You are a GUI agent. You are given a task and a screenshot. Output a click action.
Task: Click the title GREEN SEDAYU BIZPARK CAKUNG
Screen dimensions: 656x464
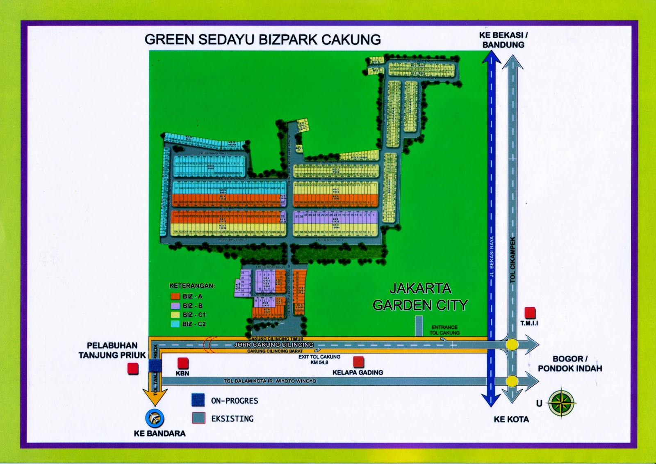[x=263, y=39]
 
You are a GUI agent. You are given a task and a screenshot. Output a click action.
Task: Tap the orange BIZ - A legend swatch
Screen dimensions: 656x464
[x=175, y=296]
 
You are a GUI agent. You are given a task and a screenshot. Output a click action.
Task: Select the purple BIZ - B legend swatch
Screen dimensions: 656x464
[x=175, y=306]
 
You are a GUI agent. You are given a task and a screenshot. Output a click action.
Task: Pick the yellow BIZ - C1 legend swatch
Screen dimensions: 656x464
[x=175, y=315]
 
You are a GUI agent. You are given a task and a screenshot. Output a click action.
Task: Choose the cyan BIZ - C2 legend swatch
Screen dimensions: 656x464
[x=175, y=324]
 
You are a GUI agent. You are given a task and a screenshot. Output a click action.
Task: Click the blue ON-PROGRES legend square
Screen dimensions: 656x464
[x=198, y=400]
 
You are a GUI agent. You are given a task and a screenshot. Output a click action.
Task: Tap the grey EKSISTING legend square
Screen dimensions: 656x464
[x=198, y=418]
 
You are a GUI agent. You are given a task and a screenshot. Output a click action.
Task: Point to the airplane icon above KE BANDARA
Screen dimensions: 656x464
[x=155, y=418]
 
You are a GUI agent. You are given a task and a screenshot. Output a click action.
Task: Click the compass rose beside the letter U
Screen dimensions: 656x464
[x=562, y=403]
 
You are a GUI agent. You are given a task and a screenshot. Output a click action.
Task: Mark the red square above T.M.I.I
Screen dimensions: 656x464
[x=530, y=313]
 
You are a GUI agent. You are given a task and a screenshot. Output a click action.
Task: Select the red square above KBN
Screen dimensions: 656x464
[x=183, y=363]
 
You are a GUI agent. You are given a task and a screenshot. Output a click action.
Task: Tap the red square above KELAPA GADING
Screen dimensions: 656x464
[x=358, y=362]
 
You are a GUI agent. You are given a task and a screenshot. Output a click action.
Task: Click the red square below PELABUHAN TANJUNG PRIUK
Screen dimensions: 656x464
[x=133, y=368]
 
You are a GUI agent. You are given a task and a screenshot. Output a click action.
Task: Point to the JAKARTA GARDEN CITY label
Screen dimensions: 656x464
[x=420, y=297]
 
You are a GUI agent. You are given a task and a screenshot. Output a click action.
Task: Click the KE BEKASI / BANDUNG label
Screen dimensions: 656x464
[x=503, y=40]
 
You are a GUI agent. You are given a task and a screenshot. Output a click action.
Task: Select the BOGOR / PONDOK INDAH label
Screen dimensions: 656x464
[x=570, y=363]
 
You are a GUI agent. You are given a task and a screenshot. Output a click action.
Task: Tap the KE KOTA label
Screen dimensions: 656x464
[x=511, y=419]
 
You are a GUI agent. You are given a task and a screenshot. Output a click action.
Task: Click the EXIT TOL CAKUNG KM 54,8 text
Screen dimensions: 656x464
[x=319, y=359]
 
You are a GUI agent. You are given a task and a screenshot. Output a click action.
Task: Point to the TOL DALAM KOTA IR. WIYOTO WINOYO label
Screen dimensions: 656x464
[x=270, y=381]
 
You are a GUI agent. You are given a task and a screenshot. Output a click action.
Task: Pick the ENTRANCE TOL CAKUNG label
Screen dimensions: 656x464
[x=444, y=330]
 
